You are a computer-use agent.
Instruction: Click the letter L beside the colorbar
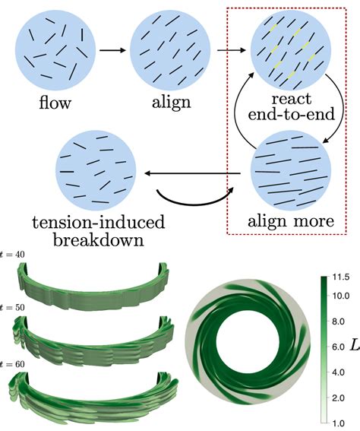tap(353, 347)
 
